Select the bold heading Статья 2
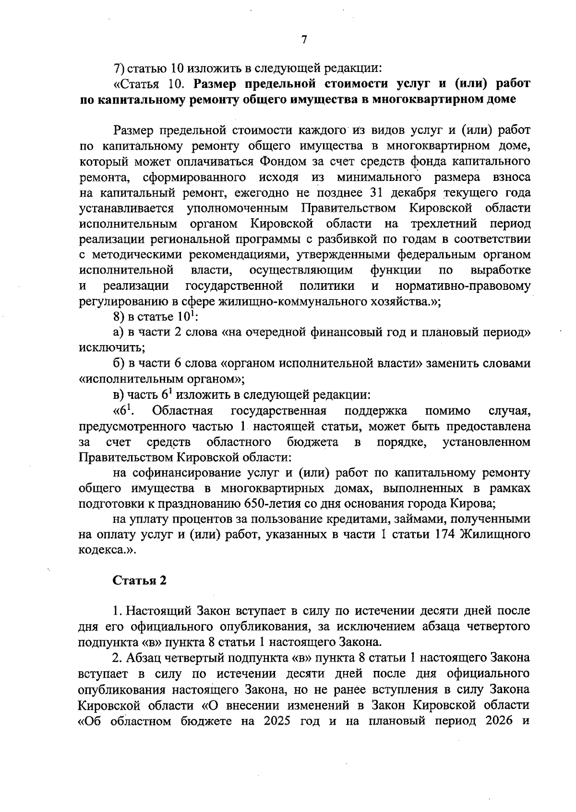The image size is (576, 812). (140, 580)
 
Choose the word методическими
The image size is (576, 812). (138, 255)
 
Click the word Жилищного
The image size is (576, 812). (495, 535)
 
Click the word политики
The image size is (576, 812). (327, 287)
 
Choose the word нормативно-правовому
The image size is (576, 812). (463, 287)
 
